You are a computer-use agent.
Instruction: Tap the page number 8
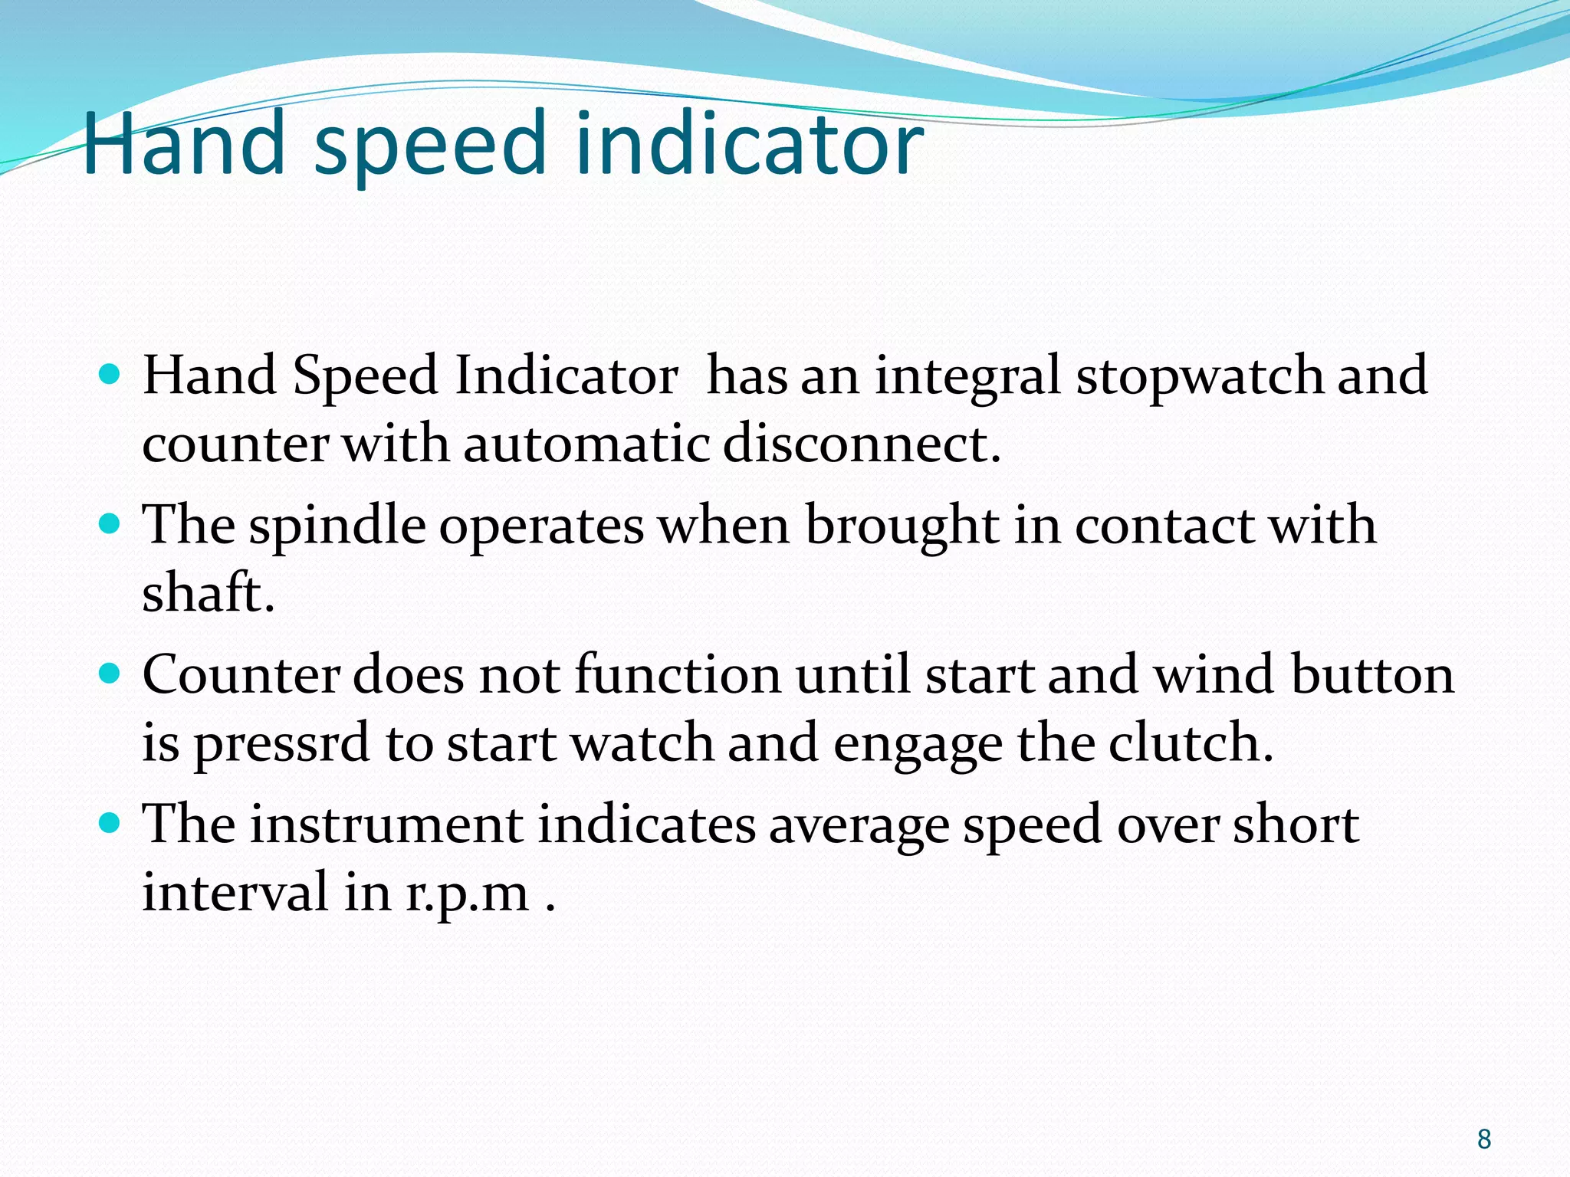point(1484,1139)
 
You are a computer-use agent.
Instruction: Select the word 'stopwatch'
point(1199,378)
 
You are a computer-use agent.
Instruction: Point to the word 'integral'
point(967,378)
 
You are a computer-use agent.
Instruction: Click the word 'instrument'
point(386,825)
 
